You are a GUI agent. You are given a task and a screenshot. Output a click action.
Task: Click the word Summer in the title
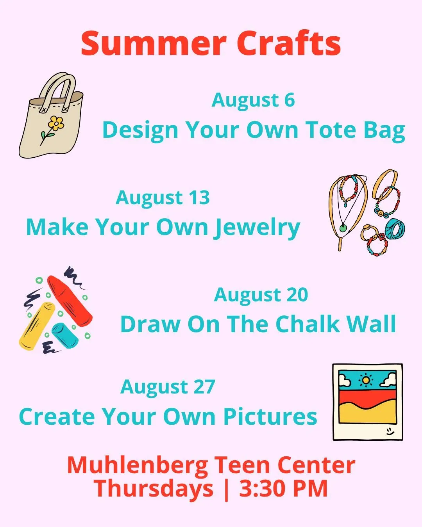(153, 43)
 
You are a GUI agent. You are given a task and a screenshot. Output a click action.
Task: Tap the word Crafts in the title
(289, 43)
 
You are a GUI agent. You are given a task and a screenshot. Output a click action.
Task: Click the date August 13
(163, 198)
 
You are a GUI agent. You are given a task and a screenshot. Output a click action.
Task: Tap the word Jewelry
(257, 228)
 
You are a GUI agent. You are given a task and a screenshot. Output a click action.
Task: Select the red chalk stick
(70, 301)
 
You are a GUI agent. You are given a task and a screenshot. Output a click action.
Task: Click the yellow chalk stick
(37, 326)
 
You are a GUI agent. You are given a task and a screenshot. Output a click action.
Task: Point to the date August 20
(261, 295)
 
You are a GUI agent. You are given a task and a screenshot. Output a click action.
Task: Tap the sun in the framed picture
(366, 380)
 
